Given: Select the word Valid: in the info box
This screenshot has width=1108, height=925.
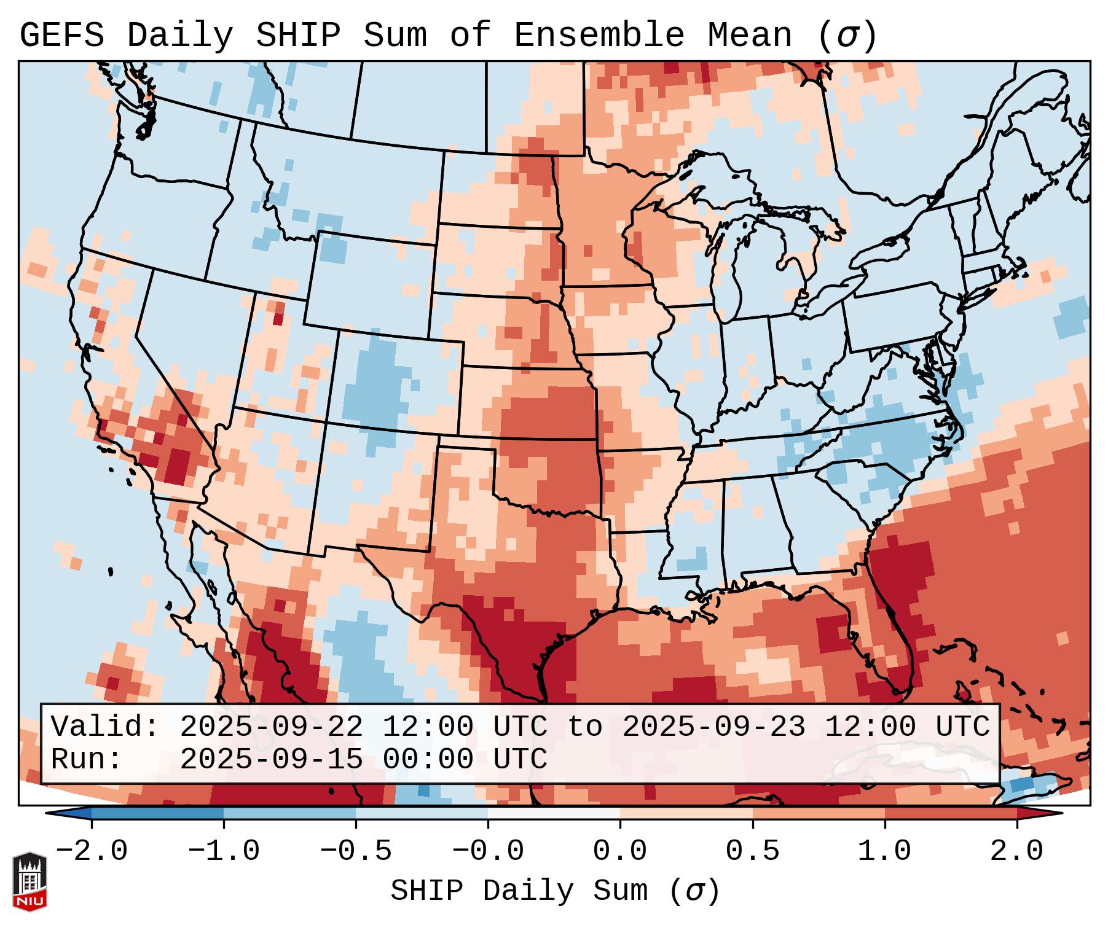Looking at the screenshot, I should coord(105,727).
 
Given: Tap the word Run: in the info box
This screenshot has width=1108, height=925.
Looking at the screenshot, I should coord(86,760).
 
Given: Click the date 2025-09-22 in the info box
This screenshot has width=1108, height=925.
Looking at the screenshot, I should coord(271,727).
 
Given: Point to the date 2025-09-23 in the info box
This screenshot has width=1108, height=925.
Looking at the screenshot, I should coord(713,727).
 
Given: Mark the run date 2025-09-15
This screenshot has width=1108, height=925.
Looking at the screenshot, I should coord(271,760).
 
